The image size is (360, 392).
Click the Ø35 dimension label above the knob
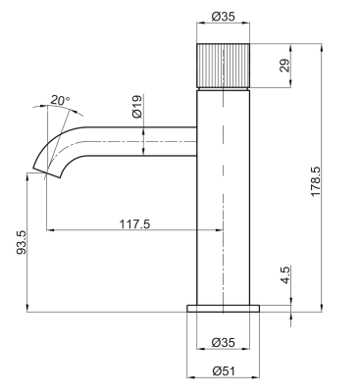pyautogui.click(x=223, y=17)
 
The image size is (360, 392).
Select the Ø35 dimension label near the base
pyautogui.click(x=223, y=342)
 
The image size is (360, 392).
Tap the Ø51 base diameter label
pyautogui.click(x=224, y=371)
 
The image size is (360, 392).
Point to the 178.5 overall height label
pyautogui.click(x=316, y=181)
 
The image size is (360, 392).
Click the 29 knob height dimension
pyautogui.click(x=284, y=66)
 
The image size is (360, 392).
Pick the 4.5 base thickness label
pyautogui.click(x=284, y=275)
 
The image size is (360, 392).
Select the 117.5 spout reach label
pyautogui.click(x=134, y=224)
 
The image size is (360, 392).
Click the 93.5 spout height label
pyautogui.click(x=22, y=242)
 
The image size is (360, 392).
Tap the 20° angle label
pyautogui.click(x=60, y=100)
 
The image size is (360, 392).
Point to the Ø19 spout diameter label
pyautogui.click(x=137, y=106)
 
